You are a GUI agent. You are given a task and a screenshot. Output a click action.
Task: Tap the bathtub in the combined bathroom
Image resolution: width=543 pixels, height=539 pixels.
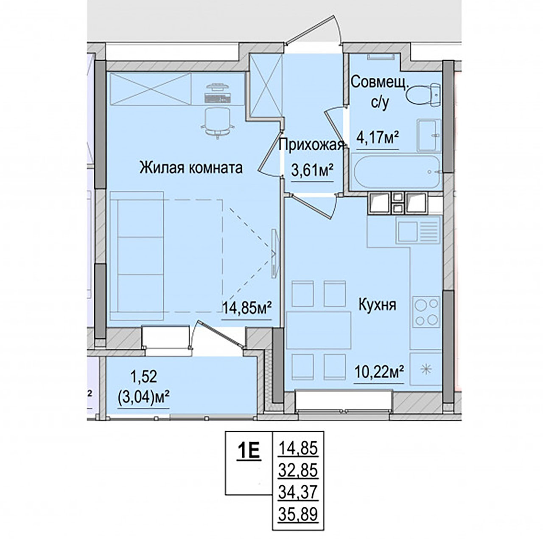(x=397, y=172)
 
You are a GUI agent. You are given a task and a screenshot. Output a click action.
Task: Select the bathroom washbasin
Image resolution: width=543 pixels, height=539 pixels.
(x=428, y=135)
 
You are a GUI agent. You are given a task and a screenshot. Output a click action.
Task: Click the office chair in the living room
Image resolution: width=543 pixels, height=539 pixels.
(x=218, y=123)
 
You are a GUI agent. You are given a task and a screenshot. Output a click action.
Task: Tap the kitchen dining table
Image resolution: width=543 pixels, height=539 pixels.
(x=319, y=330)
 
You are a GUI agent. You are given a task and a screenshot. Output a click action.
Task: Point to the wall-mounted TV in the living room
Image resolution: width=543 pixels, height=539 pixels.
(x=275, y=254)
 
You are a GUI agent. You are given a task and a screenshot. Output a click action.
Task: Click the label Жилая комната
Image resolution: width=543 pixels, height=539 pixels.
(x=191, y=168)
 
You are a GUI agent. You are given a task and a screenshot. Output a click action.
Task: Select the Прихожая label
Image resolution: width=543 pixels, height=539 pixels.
(x=312, y=146)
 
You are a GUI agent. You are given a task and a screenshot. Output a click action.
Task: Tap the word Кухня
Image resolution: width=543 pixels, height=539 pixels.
(x=377, y=305)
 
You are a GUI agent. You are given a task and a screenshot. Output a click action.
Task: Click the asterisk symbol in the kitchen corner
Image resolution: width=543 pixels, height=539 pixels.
(x=426, y=368)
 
